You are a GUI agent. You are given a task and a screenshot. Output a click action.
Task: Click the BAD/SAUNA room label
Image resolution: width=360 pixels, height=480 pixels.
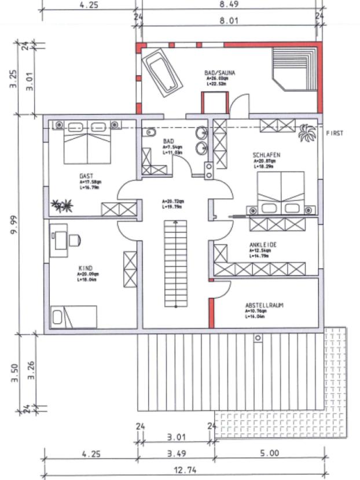coord(219,73)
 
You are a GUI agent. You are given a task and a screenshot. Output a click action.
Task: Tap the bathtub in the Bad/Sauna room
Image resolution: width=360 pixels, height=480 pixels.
coord(162,70)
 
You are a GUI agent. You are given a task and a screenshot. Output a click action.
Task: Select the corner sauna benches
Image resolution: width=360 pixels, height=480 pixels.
coord(294,68)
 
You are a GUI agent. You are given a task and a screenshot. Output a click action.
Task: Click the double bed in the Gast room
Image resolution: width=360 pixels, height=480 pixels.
coord(87,143)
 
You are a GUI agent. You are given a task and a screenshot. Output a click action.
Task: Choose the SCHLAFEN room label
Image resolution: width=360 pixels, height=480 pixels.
coord(266,155)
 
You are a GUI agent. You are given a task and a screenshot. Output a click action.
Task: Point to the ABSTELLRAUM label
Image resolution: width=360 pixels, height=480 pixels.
coord(264,305)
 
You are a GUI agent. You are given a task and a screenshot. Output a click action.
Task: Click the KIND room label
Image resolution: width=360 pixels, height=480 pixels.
coord(85,268)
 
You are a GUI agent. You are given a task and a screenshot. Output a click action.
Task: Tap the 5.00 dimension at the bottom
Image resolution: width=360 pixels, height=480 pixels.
coord(269,455)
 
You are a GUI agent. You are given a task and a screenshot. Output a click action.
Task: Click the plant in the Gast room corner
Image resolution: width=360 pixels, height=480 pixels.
coord(62,204)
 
